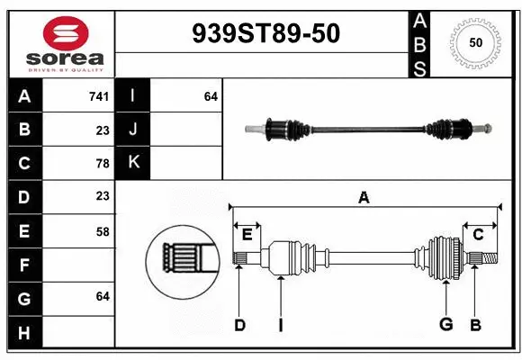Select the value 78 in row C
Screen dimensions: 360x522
click(102, 164)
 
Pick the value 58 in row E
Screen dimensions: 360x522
click(102, 231)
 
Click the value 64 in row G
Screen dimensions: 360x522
click(102, 296)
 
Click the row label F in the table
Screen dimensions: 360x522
click(24, 265)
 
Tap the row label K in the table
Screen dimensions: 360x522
click(133, 163)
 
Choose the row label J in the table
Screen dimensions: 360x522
click(133, 130)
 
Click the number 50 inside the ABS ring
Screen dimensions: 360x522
click(474, 42)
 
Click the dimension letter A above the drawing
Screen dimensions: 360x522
click(364, 197)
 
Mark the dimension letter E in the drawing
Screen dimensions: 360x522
click(247, 235)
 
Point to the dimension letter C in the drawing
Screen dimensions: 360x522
click(478, 235)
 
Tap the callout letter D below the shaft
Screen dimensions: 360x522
click(239, 325)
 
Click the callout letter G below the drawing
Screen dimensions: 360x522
click(445, 325)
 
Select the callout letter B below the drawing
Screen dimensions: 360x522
click(476, 325)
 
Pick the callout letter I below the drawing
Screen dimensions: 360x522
click(280, 325)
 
